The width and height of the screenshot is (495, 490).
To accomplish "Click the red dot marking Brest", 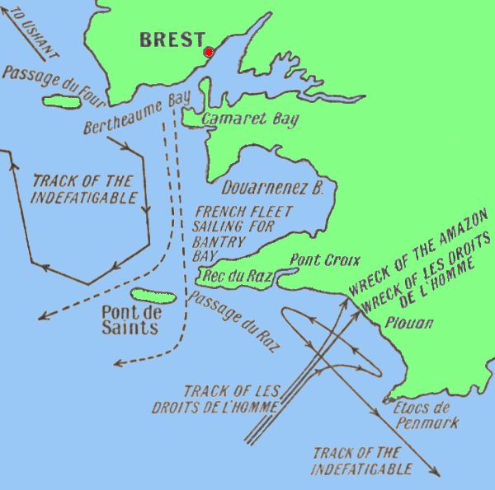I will coord(209,52).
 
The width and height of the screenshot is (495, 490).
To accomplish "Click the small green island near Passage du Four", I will coord(62,103).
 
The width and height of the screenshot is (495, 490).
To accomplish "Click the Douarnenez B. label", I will coord(273,189).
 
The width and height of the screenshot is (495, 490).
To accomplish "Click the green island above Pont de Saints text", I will coord(154,296).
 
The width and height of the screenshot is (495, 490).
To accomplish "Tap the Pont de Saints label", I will coord(130,320).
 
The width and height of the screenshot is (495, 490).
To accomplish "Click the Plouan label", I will coord(408,323).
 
